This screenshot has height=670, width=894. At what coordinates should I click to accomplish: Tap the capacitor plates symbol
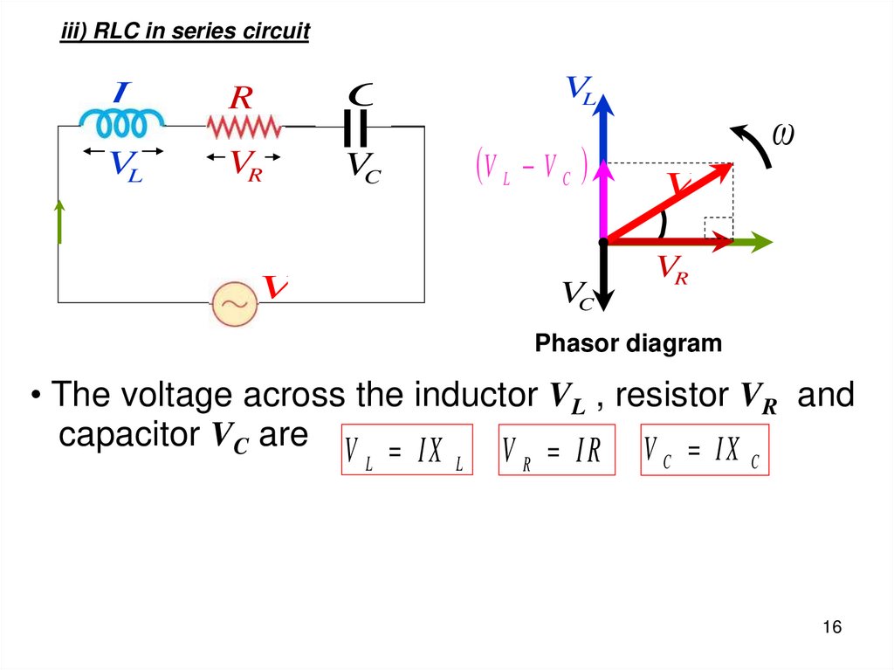pos(355,128)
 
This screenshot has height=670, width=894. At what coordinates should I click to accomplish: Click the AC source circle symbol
pos(235,303)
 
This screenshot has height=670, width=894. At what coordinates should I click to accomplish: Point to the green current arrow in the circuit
pos(60,221)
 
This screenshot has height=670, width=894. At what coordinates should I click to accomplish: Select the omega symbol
pos(784,135)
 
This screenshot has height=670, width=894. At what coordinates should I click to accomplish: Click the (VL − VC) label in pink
pos(531,168)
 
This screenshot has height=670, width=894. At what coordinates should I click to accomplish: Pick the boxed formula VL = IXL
pos(405,450)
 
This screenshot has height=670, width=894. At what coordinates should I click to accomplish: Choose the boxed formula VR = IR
pos(556,450)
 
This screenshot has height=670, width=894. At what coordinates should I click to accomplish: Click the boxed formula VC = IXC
pos(704,450)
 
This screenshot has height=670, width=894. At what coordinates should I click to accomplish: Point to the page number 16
pos(831,628)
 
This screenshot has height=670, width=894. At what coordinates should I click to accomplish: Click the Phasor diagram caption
pos(629,343)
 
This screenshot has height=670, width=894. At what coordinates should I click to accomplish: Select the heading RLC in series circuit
pos(184,32)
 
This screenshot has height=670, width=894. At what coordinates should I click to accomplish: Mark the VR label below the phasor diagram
pos(672,267)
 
